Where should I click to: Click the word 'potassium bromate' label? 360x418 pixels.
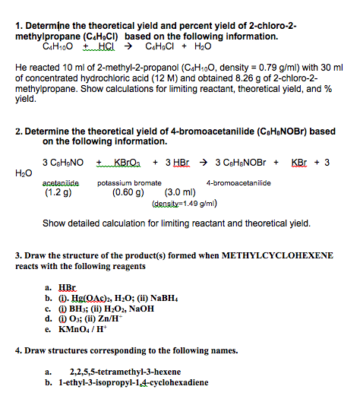(x=129, y=183)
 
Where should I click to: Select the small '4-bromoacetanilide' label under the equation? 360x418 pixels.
(x=236, y=183)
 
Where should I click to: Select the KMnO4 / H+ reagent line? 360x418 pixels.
(x=83, y=331)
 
